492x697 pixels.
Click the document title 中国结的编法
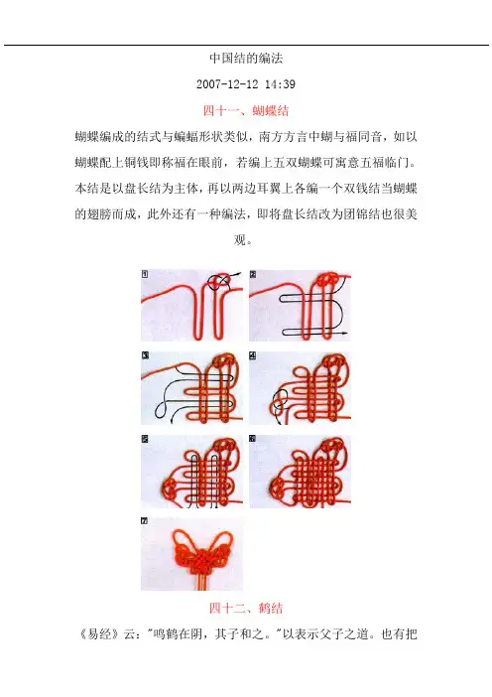click(246, 59)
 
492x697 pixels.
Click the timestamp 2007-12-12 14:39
click(246, 84)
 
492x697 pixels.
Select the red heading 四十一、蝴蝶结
click(246, 110)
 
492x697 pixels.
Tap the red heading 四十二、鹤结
click(246, 608)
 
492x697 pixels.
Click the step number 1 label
click(145, 274)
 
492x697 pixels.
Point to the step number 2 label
click(253, 274)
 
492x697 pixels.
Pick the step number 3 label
click(145, 355)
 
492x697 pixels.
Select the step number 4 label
click(253, 355)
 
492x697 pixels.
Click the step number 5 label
click(145, 439)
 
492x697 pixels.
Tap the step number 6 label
click(253, 439)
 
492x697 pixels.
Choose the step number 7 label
click(144, 521)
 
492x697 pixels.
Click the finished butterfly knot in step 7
click(202, 553)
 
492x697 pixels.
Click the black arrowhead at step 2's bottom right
click(345, 333)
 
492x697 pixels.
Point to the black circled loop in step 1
click(219, 281)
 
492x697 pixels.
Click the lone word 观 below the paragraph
click(240, 240)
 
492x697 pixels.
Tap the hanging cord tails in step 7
click(202, 582)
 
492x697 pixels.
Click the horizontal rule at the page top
click(246, 45)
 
